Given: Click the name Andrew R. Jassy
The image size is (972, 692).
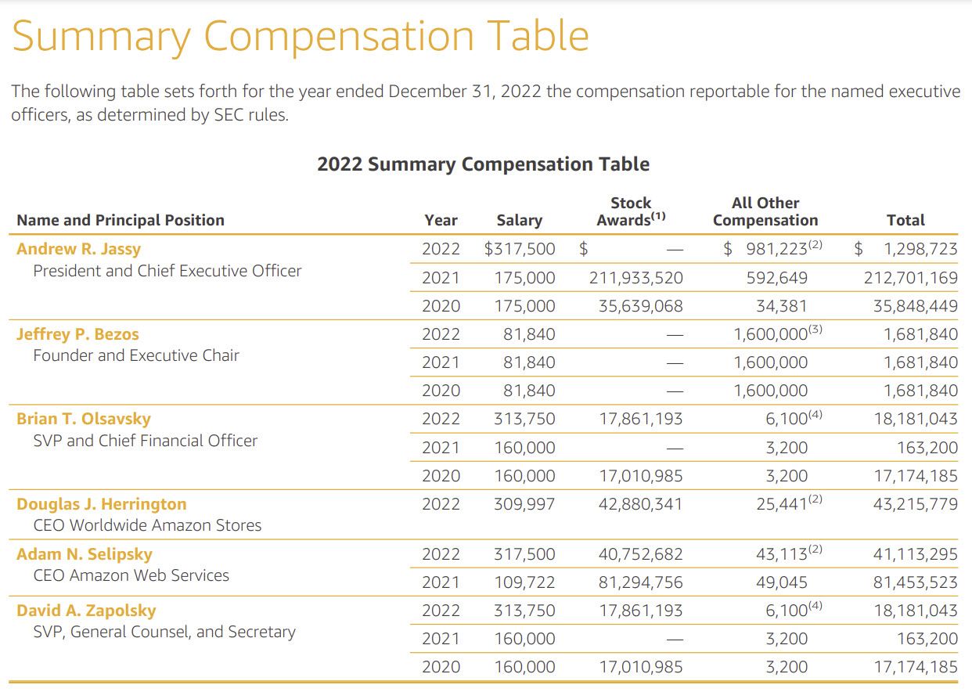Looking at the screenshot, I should (78, 250).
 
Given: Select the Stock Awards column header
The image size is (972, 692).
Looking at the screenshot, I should (631, 212).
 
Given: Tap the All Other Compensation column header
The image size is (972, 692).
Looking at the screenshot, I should (765, 212).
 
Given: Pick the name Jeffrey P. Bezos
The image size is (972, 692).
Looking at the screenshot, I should (77, 334).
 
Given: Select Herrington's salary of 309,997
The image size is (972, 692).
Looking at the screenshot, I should (524, 504).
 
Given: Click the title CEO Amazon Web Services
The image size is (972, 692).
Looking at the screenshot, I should (131, 575).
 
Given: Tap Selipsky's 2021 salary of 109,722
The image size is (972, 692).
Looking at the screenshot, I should (524, 582).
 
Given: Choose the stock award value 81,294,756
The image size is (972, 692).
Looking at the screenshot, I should (640, 582).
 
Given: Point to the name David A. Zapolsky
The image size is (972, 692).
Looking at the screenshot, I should (86, 611).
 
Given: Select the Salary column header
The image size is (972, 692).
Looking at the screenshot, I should (519, 221).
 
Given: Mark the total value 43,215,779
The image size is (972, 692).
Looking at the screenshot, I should (915, 504).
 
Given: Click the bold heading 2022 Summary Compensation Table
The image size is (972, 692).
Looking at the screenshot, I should (483, 164).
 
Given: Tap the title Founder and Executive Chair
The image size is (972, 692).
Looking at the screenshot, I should (136, 355).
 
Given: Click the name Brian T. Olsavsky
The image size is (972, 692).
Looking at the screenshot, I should (84, 419).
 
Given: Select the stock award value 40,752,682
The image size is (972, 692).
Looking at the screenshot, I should (640, 554).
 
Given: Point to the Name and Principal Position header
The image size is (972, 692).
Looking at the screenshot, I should (121, 221).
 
